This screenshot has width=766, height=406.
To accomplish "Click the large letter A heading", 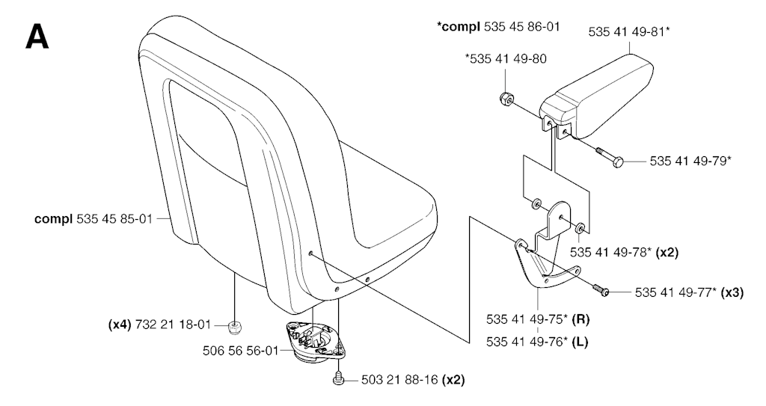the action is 37,37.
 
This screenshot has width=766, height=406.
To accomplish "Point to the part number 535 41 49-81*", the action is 628,32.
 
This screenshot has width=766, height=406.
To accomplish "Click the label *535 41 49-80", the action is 506,59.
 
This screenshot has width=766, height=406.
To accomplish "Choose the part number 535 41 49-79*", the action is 690,161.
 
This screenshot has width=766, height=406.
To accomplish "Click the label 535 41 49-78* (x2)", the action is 624,253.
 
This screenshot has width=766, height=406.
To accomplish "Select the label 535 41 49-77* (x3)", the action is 689,292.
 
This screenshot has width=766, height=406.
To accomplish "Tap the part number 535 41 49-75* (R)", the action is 538,320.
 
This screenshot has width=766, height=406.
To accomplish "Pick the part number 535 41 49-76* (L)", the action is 537,342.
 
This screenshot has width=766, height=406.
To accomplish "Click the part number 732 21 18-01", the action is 159,325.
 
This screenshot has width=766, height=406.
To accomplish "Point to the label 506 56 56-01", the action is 240,351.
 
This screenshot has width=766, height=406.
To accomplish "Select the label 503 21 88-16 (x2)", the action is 413,380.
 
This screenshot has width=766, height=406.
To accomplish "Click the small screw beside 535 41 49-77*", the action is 601,290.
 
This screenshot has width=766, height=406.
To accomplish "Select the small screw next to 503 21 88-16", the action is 338,378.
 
